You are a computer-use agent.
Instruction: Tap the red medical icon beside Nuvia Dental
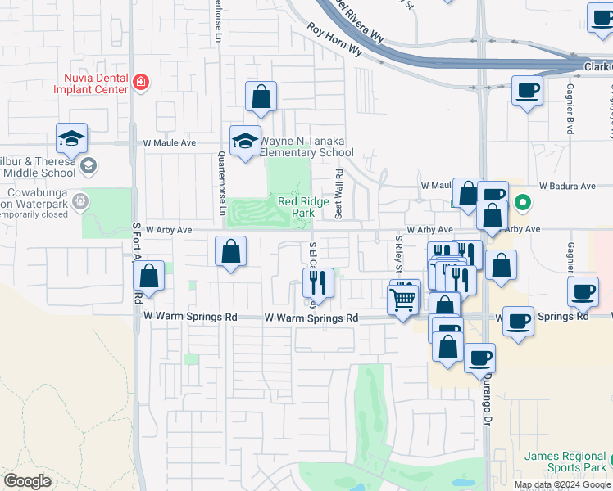[141, 82]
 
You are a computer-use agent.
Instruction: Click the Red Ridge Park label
[296, 207]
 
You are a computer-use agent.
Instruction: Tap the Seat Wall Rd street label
[338, 194]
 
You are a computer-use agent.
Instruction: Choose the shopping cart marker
[403, 300]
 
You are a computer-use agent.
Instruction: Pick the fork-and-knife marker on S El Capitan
[316, 283]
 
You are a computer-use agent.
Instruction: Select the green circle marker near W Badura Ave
[522, 200]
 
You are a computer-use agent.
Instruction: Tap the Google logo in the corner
[28, 481]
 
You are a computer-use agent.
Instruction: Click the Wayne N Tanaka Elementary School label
[306, 146]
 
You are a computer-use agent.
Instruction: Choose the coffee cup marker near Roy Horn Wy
[527, 91]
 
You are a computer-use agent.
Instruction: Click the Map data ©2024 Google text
[563, 484]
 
